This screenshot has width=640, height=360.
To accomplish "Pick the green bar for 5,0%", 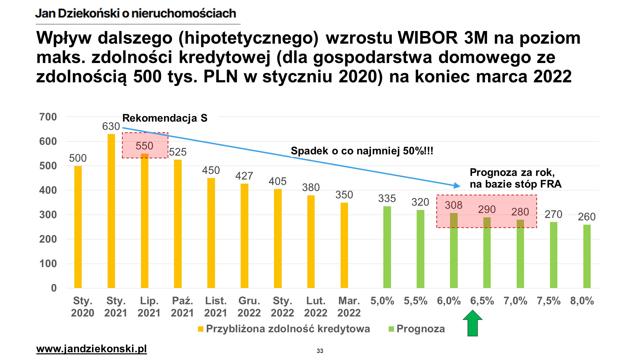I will click(387, 247).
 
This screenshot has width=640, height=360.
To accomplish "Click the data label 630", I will click(111, 126).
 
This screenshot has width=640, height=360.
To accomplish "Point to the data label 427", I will click(244, 176).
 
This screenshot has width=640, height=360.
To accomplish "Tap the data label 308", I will click(454, 205).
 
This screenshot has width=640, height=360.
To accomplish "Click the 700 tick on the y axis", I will click(48, 117).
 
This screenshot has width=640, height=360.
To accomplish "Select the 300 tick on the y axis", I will click(48, 215).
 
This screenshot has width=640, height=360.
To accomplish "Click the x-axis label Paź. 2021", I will click(182, 307).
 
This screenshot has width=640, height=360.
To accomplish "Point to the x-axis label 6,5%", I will click(482, 301).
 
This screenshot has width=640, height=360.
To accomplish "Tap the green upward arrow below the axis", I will click(473, 323).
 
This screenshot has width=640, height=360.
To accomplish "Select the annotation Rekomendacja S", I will click(165, 118).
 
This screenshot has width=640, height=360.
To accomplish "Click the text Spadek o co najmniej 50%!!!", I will click(362, 151).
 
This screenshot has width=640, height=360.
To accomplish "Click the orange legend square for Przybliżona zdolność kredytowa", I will click(201, 329).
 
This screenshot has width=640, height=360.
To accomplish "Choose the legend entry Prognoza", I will click(420, 329).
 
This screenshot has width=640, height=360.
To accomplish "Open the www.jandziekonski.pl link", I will click(91, 349).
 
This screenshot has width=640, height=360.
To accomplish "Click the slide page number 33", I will click(320, 351).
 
